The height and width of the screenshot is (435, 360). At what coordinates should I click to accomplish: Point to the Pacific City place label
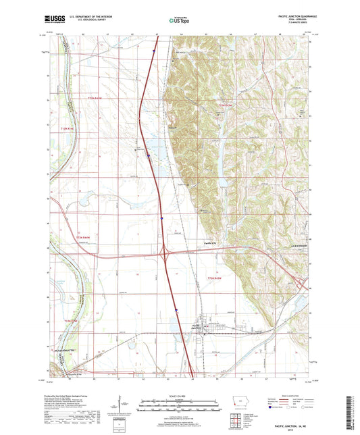coord(211,243)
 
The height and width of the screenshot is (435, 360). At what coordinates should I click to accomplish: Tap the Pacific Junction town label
coord(201,326)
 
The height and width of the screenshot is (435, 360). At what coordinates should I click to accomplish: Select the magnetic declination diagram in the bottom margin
coord(126,405)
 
